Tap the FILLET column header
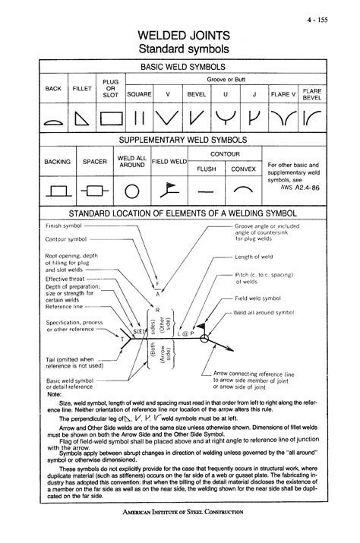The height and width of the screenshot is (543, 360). pyautogui.click(x=82, y=89)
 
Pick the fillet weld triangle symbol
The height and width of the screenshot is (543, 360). pyautogui.click(x=82, y=118)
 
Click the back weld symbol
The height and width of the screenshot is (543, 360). pyautogui.click(x=53, y=121)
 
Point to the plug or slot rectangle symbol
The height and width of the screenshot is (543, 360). pyautogui.click(x=111, y=118)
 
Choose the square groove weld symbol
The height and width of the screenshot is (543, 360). pyautogui.click(x=140, y=118)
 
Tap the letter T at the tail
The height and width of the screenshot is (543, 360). pyautogui.click(x=120, y=335)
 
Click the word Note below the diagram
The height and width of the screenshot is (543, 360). pyautogui.click(x=55, y=395)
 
